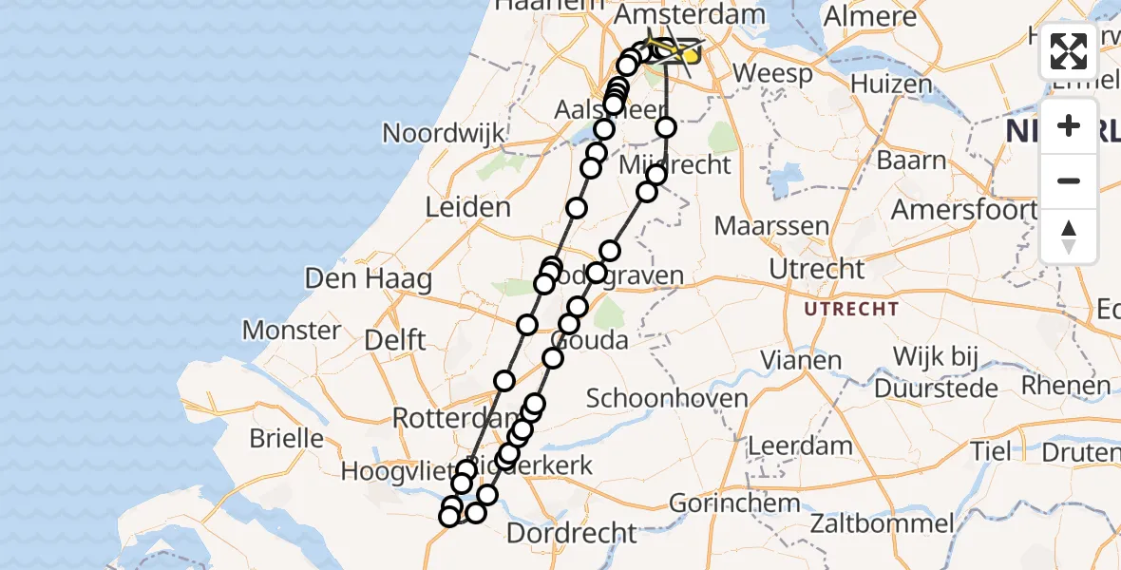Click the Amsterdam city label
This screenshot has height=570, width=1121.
click(690, 15)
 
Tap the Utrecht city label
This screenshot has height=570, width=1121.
click(817, 269)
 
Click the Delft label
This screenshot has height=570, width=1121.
click(395, 339)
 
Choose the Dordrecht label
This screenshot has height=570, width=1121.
click(571, 533)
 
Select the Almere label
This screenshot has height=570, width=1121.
click(870, 16)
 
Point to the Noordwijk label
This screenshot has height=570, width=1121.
click(444, 134)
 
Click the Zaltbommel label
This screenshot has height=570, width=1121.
click(883, 523)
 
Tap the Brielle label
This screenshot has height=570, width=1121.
click(286, 439)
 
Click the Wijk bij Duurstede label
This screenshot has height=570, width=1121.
click(936, 372)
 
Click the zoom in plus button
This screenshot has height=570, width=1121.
click(1069, 125)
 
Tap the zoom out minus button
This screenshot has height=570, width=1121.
click(1069, 180)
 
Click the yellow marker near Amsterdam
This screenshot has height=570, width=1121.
click(691, 54)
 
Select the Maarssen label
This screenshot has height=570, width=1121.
click(771, 227)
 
